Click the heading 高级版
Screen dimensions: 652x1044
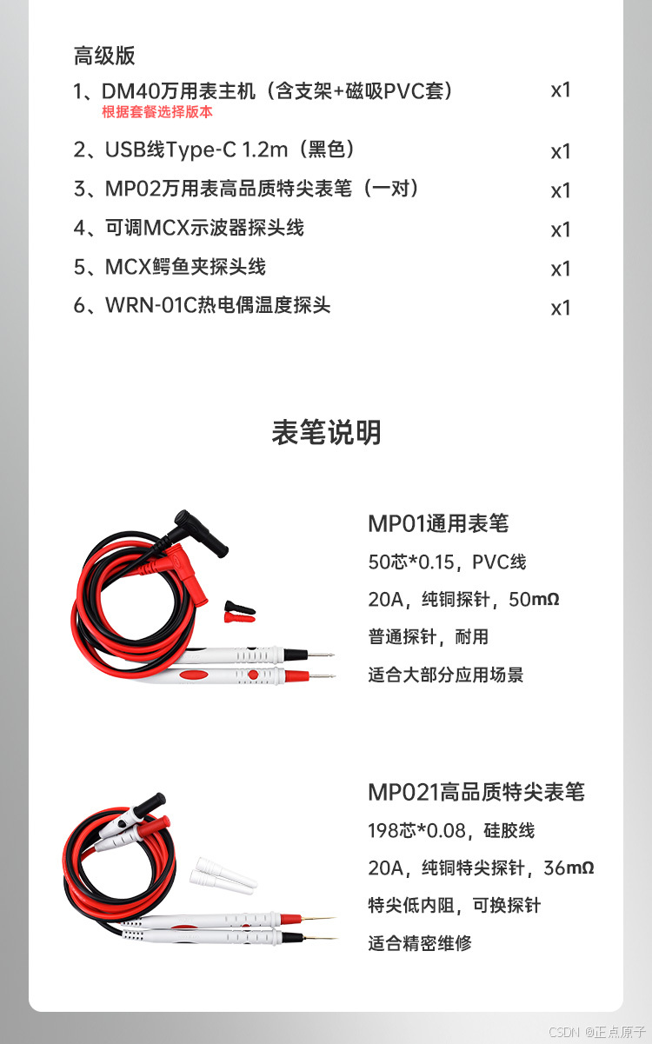[x=104, y=56]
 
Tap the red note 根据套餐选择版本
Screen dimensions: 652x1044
[x=157, y=112]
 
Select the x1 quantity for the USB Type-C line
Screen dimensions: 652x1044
[x=561, y=151]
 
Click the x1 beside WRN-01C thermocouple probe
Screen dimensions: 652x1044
[x=561, y=308]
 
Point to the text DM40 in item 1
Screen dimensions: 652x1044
[x=130, y=91]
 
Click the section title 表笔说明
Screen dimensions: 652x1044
[x=326, y=432]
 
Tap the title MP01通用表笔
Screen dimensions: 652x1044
[x=438, y=523]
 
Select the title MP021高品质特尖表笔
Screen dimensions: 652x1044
[x=476, y=792]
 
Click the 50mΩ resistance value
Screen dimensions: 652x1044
[x=534, y=600]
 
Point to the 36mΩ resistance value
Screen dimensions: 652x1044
[x=569, y=868]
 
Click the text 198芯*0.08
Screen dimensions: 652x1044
[x=416, y=830]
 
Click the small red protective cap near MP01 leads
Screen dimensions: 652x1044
[x=240, y=618]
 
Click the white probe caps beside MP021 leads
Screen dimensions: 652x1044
[x=223, y=875]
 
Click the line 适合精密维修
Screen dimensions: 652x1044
[x=419, y=943]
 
